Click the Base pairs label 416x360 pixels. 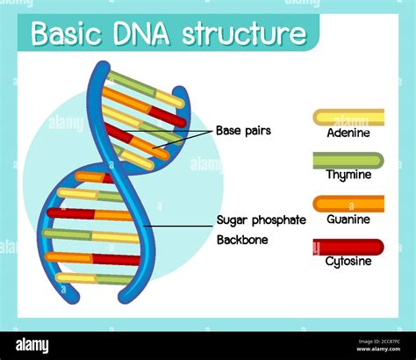243,131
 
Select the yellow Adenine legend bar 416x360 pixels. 348,117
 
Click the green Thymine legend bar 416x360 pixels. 348,160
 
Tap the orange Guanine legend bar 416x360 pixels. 348,203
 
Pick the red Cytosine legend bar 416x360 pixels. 348,247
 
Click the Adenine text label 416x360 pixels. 348,133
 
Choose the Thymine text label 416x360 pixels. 348,176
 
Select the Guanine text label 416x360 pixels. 348,220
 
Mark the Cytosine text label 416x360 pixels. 348,262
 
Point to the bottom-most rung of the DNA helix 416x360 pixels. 88,278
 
